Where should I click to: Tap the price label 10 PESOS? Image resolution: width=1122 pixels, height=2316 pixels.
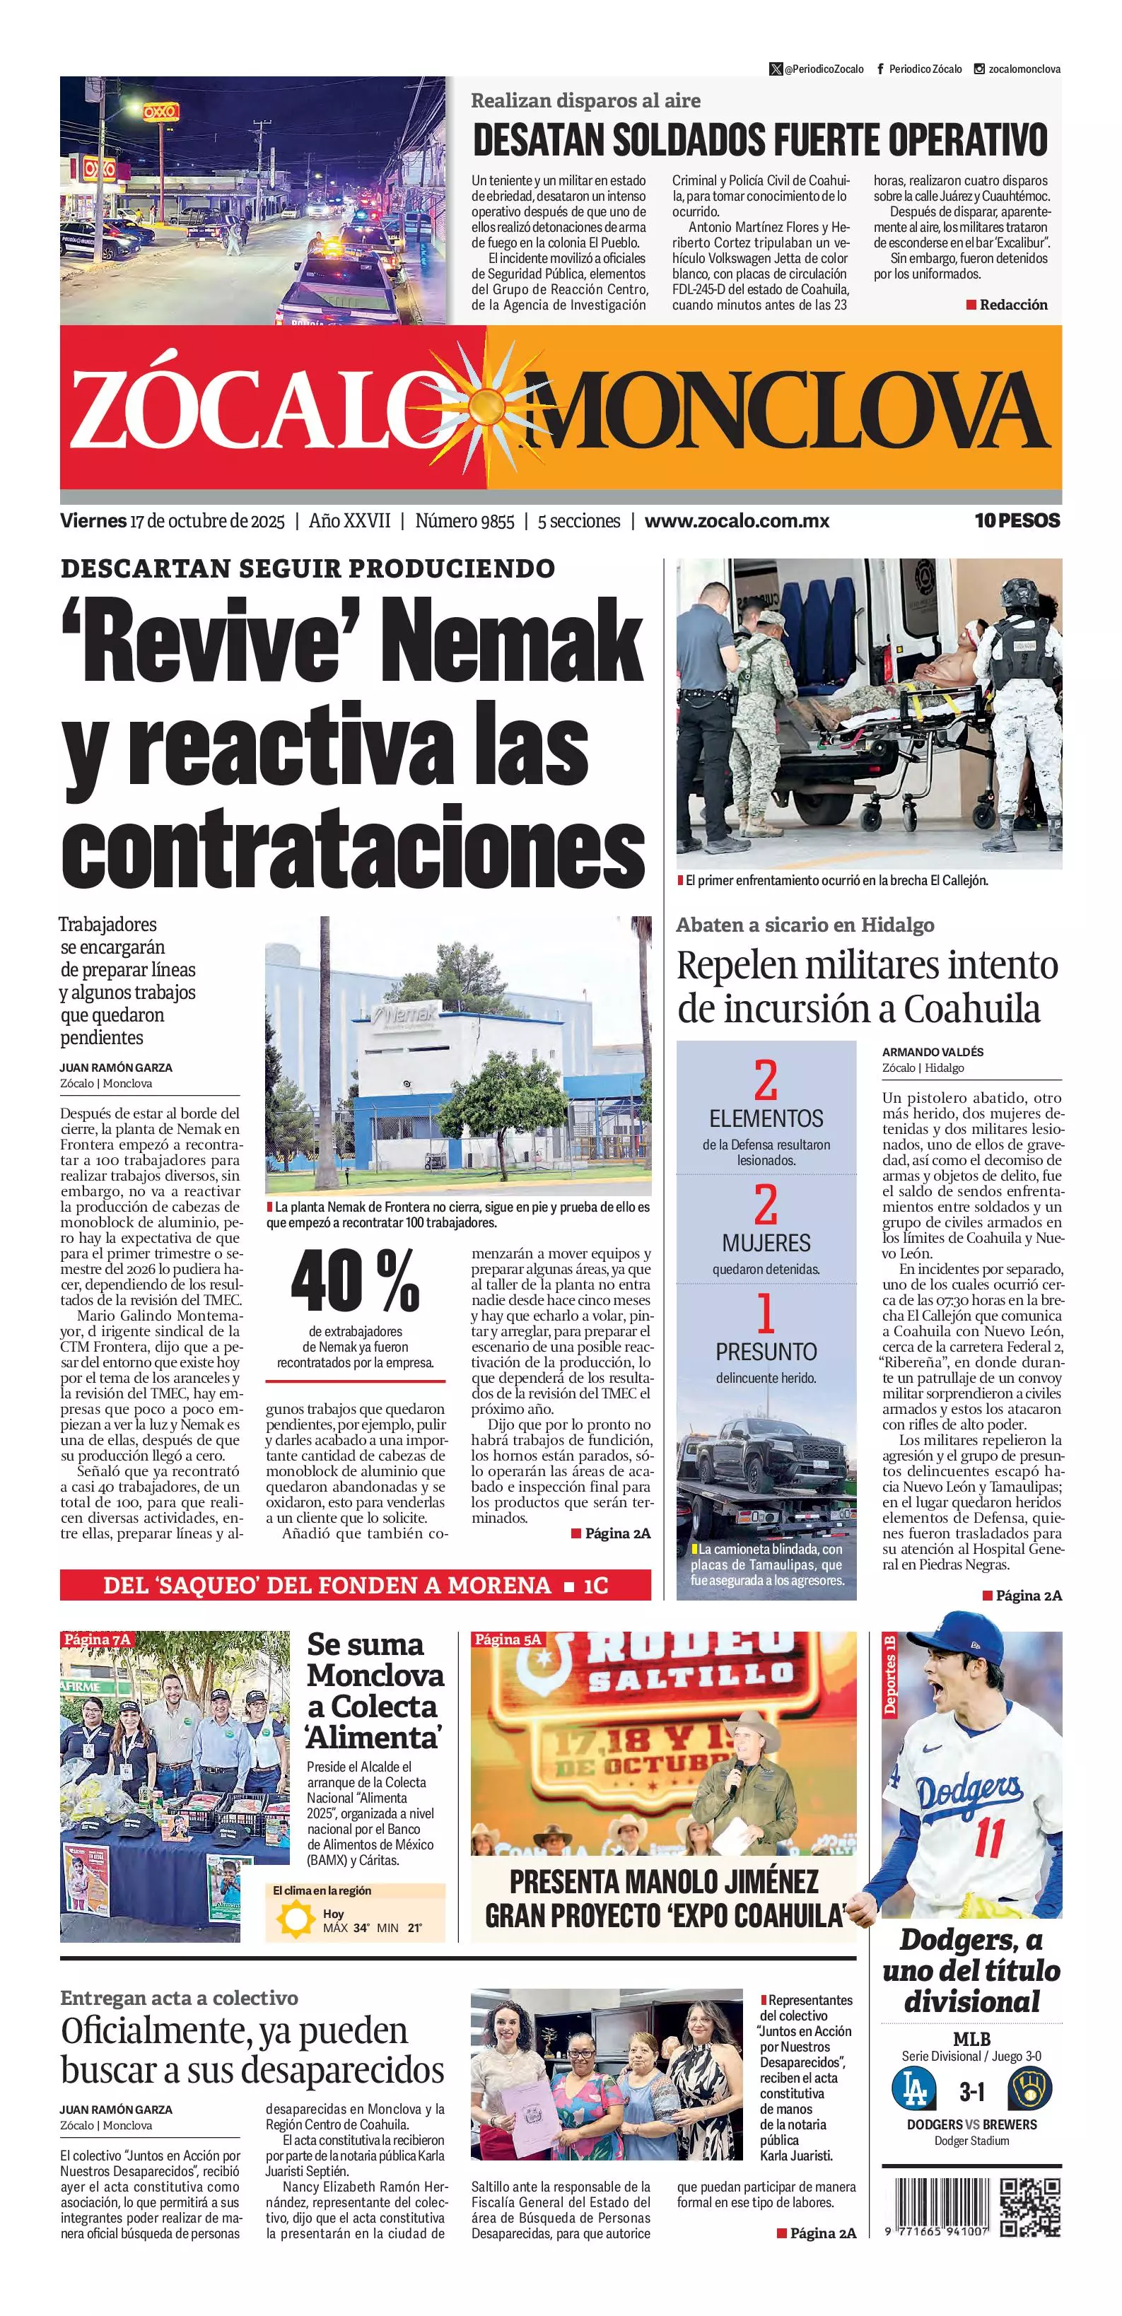click(x=1017, y=520)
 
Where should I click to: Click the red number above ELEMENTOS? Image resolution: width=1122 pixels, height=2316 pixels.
click(x=765, y=1081)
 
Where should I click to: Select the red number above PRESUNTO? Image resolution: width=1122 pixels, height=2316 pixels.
click(x=765, y=1314)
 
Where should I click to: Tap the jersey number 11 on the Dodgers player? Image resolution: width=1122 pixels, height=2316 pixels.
click(x=988, y=1837)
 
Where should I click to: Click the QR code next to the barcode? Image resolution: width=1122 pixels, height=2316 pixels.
click(x=1030, y=2207)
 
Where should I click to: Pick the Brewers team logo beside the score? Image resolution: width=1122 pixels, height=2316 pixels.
click(x=1029, y=2088)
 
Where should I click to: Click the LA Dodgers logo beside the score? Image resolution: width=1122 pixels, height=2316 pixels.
click(x=913, y=2088)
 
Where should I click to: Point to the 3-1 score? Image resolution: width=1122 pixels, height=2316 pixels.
click(x=971, y=2091)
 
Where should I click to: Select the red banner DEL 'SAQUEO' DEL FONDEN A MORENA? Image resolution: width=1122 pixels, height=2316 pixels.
click(x=355, y=1584)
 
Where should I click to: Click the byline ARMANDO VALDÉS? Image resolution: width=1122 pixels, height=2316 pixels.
click(x=933, y=1052)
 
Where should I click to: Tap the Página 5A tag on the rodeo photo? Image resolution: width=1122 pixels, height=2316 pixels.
click(x=508, y=1639)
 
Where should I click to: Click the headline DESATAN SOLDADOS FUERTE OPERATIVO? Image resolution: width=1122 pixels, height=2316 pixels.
click(x=760, y=140)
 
